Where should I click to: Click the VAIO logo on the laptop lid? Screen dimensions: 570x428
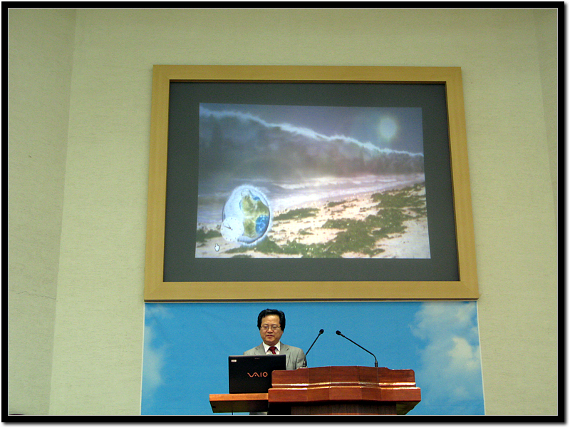point(257,374)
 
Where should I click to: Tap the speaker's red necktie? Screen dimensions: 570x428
point(272,350)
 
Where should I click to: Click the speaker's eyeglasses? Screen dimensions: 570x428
point(271,327)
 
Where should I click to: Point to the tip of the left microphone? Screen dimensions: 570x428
point(322,331)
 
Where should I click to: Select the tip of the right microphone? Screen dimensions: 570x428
point(338,332)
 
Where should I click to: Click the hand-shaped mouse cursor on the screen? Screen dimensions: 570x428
point(217,247)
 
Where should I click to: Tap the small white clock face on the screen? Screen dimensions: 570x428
point(229,228)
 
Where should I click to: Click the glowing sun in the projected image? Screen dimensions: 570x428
point(388,128)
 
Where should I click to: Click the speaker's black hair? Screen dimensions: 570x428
point(271,316)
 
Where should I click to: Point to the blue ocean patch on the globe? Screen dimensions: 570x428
point(262,223)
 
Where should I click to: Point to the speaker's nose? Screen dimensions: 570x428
point(271,330)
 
